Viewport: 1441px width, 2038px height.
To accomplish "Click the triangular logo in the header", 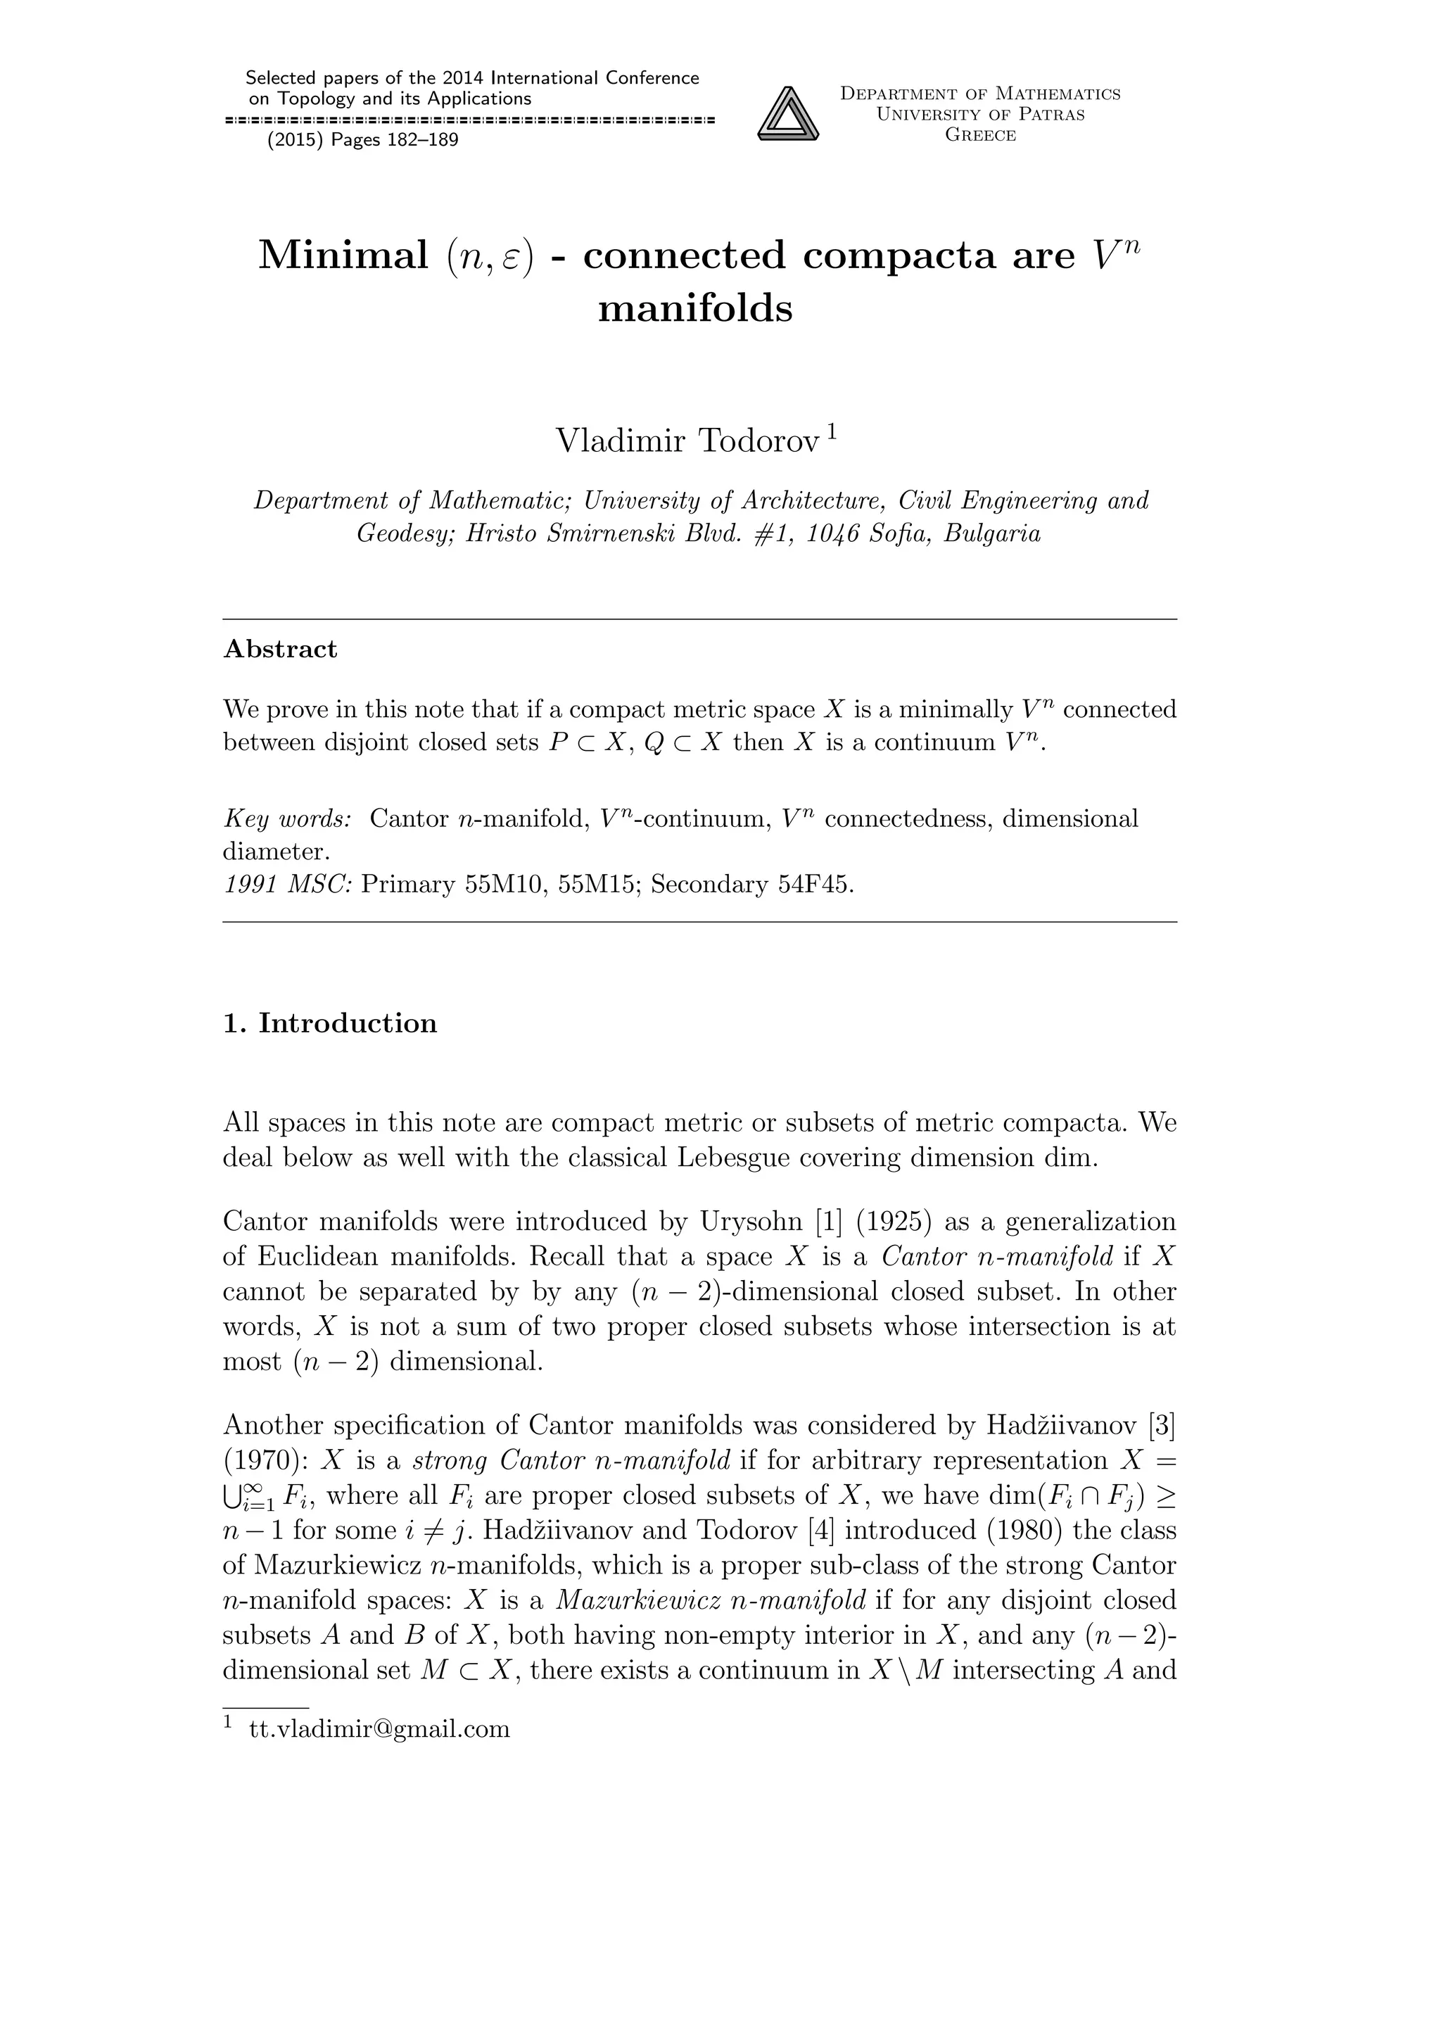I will click(788, 113).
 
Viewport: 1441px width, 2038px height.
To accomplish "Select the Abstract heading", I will click(281, 649).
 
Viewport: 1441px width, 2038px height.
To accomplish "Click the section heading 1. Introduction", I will click(330, 1023).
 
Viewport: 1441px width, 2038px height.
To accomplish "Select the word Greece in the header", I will click(979, 135).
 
